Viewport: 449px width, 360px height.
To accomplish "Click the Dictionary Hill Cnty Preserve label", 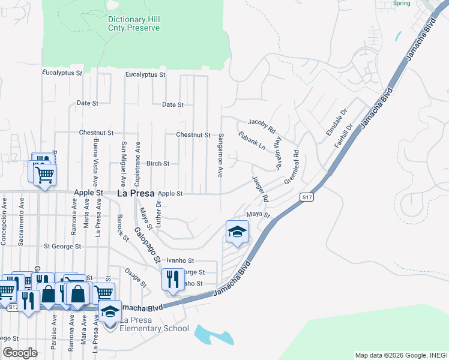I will tap(134, 23).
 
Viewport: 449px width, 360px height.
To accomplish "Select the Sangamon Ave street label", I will tap(221, 155).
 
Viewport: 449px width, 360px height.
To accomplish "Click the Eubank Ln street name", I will tap(252, 141).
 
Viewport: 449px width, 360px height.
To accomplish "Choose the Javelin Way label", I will tap(277, 153).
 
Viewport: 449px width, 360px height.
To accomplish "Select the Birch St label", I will tap(158, 163).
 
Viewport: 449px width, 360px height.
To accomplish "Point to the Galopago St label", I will tap(147, 245).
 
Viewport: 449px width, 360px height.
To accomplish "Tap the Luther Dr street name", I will tap(159, 213).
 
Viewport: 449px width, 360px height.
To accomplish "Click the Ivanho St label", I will tap(180, 261).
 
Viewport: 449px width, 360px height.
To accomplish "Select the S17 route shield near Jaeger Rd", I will tap(307, 197).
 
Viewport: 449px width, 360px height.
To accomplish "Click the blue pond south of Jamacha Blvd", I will tap(213, 335).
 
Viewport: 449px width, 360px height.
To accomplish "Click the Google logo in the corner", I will tap(20, 353).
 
